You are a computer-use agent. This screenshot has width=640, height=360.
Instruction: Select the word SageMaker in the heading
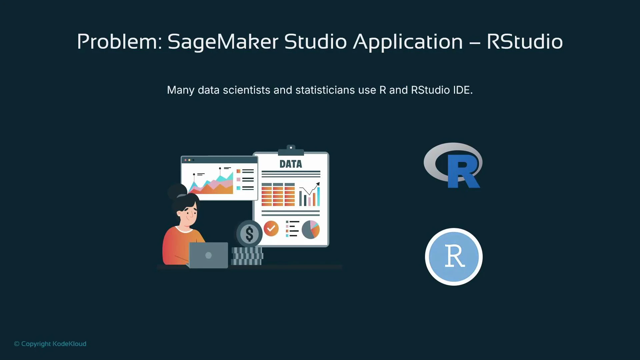tap(223, 42)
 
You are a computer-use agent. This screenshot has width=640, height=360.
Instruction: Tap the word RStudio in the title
tap(524, 42)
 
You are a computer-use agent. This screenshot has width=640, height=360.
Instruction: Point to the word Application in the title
tap(408, 42)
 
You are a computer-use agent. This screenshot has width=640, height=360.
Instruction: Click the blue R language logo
tap(453, 166)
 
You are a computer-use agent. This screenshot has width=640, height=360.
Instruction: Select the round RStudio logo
tap(454, 257)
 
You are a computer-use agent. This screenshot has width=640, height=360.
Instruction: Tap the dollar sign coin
tap(249, 233)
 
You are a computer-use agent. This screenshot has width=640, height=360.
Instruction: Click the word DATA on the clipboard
tap(291, 164)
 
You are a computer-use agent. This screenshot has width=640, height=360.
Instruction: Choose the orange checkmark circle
tap(271, 228)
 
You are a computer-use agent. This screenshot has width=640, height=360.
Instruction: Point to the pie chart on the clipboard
tap(310, 229)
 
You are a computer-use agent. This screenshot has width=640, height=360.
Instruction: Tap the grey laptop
tap(208, 255)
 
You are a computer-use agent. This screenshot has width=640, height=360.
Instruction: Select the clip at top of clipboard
tap(291, 150)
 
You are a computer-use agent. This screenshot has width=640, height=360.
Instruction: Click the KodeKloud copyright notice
tap(50, 344)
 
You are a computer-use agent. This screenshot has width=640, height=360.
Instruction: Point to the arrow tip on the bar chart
tap(318, 183)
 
